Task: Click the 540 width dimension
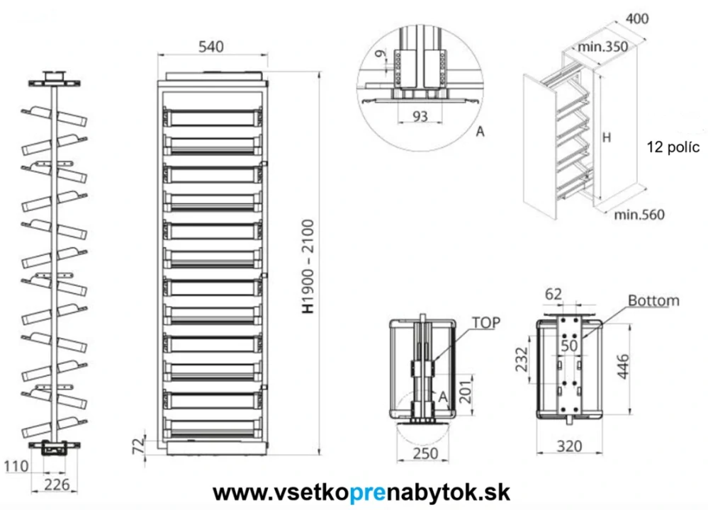pyautogui.click(x=211, y=47)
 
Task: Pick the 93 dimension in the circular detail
pyautogui.click(x=420, y=116)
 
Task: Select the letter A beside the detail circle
pyautogui.click(x=480, y=132)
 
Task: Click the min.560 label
pyautogui.click(x=640, y=215)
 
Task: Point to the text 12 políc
pyautogui.click(x=673, y=147)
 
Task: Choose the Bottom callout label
pyautogui.click(x=653, y=300)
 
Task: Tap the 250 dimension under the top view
pyautogui.click(x=425, y=453)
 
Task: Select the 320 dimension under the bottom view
pyautogui.click(x=569, y=446)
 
